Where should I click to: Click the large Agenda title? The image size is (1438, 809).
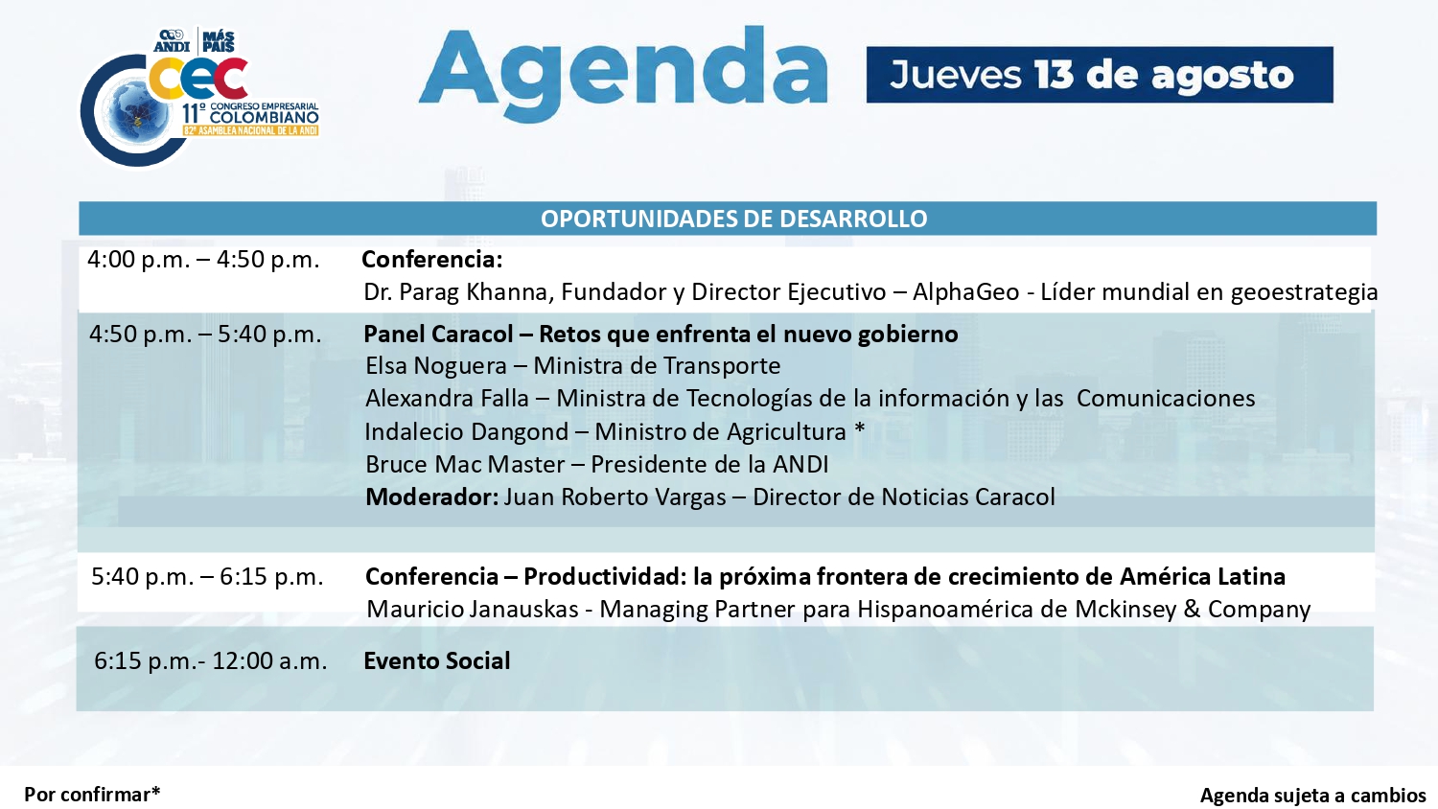(623, 74)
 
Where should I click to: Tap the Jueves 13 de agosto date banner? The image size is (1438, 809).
(1100, 75)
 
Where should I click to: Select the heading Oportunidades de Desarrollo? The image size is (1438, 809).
(733, 219)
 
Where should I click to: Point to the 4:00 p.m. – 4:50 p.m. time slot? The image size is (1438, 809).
(203, 260)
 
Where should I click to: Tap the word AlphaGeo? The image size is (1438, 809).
(965, 292)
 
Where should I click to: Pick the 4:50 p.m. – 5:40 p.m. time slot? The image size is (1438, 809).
(205, 334)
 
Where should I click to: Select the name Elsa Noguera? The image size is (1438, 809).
(436, 366)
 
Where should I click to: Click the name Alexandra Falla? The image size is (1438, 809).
(447, 399)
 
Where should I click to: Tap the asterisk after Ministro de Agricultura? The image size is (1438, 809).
(860, 428)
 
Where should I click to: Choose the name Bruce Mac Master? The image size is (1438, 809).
(465, 464)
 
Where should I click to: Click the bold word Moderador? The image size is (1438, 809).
(431, 497)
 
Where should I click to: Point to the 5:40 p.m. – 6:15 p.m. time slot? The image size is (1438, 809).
(207, 577)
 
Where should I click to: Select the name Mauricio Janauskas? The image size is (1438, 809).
(473, 610)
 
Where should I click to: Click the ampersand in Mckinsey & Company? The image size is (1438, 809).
(1192, 610)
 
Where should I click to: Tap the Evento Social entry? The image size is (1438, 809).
(436, 660)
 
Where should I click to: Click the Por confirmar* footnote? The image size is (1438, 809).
(92, 795)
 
